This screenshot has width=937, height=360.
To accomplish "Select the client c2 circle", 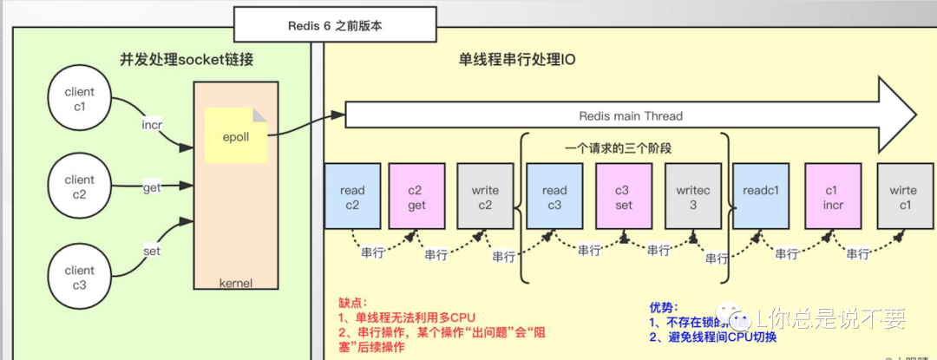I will coord(80,187).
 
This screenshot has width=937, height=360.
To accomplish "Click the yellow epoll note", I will coord(236,136).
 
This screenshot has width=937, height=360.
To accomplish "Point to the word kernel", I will coord(236,283).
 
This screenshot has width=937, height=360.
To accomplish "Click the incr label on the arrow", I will coord(153,125).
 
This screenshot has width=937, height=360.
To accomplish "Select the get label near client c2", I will coord(152,187).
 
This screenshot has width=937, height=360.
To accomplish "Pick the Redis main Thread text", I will coord(631,116).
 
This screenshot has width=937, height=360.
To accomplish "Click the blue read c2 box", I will coord(352,197).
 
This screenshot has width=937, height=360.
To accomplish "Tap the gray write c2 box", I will coord(486,197).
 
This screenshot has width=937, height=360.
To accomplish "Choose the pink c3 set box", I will coord(623,197).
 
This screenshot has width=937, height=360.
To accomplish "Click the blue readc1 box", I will coord(761,197).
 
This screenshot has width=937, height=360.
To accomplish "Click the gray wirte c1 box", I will coord(904,197).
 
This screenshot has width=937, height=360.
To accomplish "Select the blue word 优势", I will coord(660,308).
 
